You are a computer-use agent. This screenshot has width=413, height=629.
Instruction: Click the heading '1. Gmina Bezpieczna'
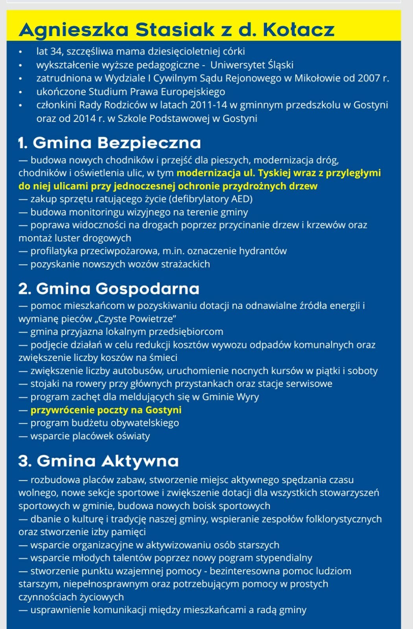pyautogui.click(x=109, y=143)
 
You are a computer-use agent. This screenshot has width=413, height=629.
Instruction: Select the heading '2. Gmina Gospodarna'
pyautogui.click(x=109, y=289)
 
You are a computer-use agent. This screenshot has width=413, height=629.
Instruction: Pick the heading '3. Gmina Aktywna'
pyautogui.click(x=98, y=461)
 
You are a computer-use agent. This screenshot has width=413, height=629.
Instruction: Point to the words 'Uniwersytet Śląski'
pyautogui.click(x=252, y=65)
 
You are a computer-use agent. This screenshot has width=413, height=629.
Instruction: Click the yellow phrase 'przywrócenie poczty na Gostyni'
pyautogui.click(x=106, y=410)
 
